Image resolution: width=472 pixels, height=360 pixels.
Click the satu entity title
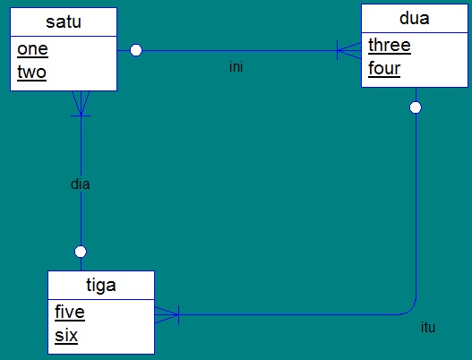64,21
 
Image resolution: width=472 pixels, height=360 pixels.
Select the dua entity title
415,17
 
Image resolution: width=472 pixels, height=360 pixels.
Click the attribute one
32,50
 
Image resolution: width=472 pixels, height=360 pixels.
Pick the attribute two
31,73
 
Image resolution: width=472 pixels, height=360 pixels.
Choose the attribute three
389,46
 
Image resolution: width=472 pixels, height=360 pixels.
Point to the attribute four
384,68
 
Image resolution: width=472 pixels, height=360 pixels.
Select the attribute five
69,313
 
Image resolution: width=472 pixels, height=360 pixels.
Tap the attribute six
66,336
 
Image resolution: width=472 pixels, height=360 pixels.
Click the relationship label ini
236,66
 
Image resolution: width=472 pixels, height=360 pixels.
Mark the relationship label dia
81,184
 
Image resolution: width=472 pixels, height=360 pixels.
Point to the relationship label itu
428,328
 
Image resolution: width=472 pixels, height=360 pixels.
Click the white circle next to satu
136,50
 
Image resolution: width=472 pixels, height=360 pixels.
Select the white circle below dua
416,107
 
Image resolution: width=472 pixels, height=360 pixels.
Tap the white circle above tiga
81,251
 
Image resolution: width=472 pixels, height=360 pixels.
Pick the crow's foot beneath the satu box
81,104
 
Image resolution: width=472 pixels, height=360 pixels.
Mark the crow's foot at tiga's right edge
167,314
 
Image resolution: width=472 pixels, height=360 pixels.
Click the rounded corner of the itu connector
411,309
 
